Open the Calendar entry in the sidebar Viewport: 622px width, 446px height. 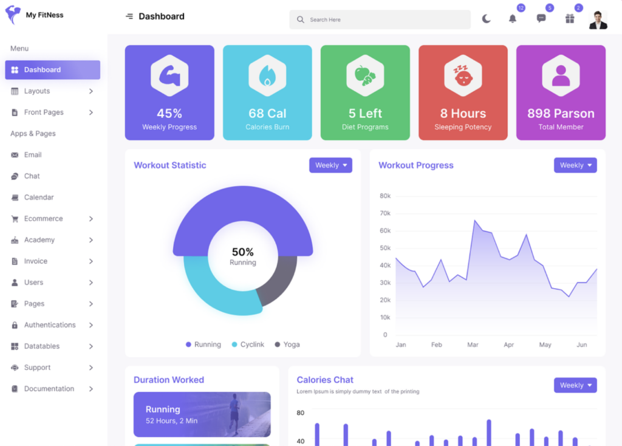tap(38, 197)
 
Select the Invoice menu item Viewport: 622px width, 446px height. tap(35, 261)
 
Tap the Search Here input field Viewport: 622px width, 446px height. tap(380, 19)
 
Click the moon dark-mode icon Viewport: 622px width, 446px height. tap(486, 19)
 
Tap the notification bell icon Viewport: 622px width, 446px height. tap(513, 19)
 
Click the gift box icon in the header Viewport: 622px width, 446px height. tap(570, 19)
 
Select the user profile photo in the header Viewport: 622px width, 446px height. tap(598, 19)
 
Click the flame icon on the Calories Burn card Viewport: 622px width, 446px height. tap(267, 76)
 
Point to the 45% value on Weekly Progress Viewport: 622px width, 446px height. tap(169, 114)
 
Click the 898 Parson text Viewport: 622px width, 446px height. tap(561, 114)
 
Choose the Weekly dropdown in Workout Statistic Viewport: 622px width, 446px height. tap(330, 165)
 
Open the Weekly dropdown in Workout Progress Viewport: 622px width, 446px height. tap(575, 165)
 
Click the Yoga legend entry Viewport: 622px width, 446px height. tap(287, 345)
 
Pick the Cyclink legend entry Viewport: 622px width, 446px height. tap(248, 345)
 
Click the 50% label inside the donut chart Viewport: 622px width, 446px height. tap(243, 252)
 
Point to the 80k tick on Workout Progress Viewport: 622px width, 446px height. tap(384, 196)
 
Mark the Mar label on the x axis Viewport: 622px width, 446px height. tap(473, 345)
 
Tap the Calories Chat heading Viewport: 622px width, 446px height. tap(325, 380)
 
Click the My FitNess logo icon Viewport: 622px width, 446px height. tap(13, 15)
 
